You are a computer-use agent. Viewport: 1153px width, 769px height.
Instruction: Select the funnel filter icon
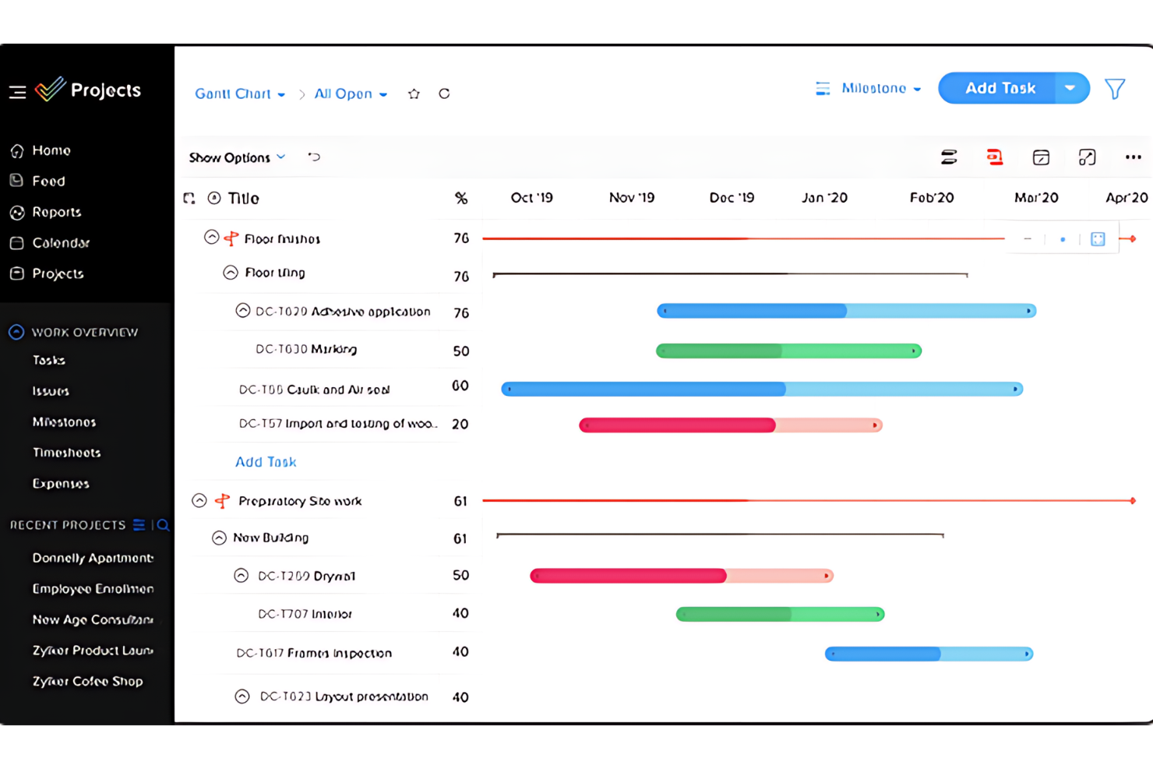pyautogui.click(x=1115, y=89)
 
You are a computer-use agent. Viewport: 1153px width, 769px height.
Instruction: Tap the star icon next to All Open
pyautogui.click(x=414, y=94)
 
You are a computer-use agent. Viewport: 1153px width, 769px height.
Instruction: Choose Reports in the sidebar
pyautogui.click(x=56, y=212)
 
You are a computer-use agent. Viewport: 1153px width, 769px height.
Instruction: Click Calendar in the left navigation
pyautogui.click(x=61, y=243)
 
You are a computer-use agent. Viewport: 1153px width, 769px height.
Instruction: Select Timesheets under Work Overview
pyautogui.click(x=66, y=453)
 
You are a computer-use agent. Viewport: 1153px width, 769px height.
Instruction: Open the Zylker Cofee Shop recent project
pyautogui.click(x=87, y=682)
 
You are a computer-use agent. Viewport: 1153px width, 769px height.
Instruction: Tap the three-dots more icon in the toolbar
pyautogui.click(x=1133, y=157)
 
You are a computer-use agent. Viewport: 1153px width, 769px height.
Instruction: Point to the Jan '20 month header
pyautogui.click(x=824, y=198)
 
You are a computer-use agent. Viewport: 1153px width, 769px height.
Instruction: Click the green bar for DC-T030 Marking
pyautogui.click(x=788, y=351)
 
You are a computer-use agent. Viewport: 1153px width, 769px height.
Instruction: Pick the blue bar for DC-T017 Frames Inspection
pyautogui.click(x=929, y=654)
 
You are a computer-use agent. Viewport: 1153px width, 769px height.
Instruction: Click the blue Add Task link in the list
pyautogui.click(x=266, y=462)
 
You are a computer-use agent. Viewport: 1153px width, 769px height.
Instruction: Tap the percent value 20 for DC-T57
pyautogui.click(x=460, y=425)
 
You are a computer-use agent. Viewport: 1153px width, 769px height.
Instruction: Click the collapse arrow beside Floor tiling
pyautogui.click(x=231, y=273)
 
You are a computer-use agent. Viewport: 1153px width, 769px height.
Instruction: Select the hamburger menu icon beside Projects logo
pyautogui.click(x=17, y=92)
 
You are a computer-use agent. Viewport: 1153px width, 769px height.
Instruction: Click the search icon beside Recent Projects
pyautogui.click(x=164, y=525)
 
